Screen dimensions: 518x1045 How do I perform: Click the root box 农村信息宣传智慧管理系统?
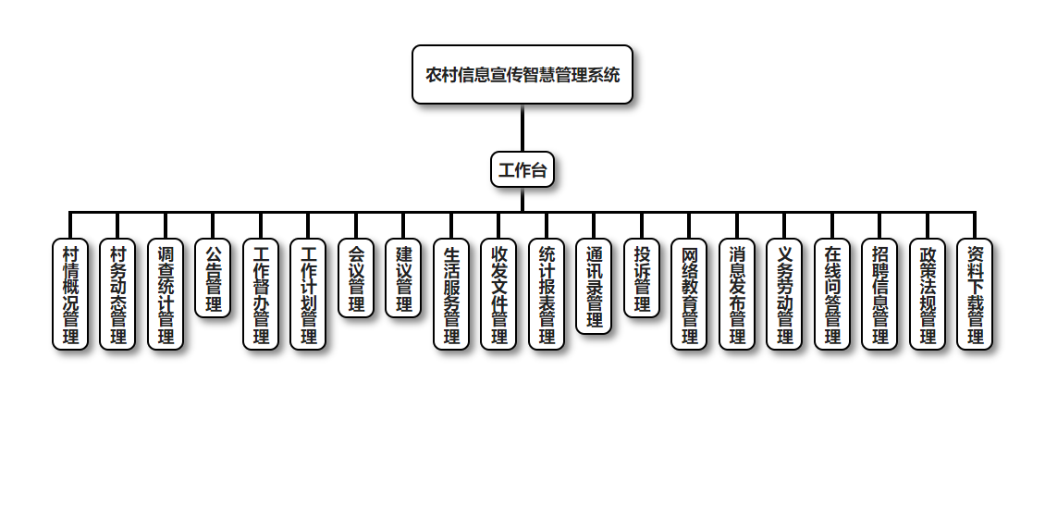(522, 75)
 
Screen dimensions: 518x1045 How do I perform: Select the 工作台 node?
(522, 169)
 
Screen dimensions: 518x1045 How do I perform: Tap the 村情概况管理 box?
(70, 294)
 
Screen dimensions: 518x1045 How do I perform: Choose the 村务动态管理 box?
(117, 294)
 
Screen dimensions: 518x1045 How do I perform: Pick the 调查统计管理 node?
(166, 294)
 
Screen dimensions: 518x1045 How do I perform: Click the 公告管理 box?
(213, 278)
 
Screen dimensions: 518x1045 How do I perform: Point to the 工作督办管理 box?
(261, 294)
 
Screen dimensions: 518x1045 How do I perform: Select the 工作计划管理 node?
(308, 294)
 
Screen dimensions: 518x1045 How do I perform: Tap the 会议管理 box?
(356, 278)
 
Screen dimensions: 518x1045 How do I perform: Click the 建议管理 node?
(403, 278)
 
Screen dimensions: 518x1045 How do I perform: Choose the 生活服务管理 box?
(451, 294)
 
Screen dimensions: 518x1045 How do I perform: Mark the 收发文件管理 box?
(498, 294)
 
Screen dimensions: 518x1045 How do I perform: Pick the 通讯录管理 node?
(594, 286)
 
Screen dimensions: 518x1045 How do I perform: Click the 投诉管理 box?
(642, 278)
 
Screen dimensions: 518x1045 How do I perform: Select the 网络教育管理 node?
(689, 294)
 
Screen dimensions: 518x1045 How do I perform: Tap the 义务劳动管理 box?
(784, 294)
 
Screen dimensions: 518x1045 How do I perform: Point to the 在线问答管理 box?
(832, 294)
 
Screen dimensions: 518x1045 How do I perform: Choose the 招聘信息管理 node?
(879, 294)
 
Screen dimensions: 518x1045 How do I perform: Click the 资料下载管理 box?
(975, 294)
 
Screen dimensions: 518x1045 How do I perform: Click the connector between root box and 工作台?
(522, 128)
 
